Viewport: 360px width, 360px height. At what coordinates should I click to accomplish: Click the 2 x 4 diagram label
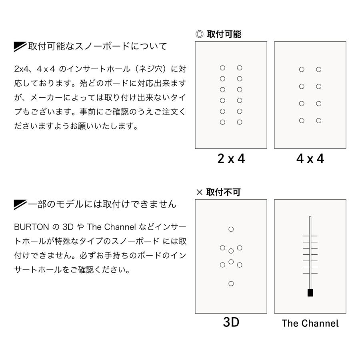[231, 159]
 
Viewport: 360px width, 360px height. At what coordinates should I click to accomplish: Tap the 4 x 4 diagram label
[310, 159]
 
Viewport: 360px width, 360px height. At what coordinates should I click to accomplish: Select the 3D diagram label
[231, 322]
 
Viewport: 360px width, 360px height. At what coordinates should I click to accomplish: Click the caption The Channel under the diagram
[310, 323]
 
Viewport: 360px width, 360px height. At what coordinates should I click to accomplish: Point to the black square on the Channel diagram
[310, 293]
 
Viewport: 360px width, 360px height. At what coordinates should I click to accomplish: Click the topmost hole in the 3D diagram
[231, 229]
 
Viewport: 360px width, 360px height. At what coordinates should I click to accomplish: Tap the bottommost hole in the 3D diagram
[231, 284]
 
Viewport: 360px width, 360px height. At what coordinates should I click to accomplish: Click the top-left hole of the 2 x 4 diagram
[222, 68]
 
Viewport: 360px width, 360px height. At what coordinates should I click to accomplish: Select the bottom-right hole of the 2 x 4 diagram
[239, 122]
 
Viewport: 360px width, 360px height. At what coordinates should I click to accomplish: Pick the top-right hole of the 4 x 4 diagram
[318, 70]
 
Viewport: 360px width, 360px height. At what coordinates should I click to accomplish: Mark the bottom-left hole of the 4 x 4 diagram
[302, 120]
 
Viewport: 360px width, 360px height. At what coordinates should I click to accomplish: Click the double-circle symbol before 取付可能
[199, 34]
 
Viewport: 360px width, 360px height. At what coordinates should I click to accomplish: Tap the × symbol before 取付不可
[199, 192]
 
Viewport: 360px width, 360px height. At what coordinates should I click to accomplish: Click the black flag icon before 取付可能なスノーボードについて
[20, 46]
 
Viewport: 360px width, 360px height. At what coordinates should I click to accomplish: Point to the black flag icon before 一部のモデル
[20, 204]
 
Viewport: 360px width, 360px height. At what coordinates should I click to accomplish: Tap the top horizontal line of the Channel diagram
[310, 236]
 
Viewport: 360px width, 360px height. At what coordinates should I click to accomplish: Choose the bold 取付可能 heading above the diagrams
[224, 34]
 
